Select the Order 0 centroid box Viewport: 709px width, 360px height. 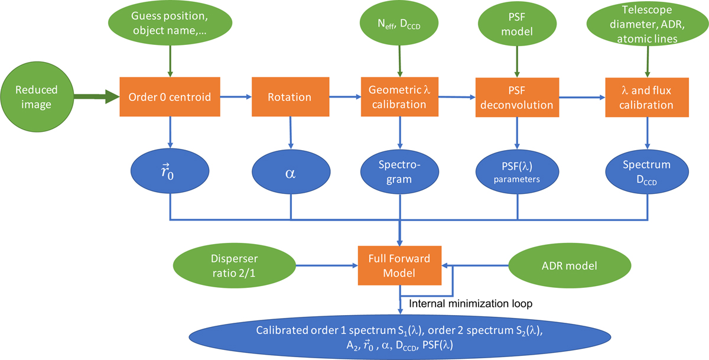(x=170, y=98)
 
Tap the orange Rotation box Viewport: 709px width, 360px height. (x=290, y=98)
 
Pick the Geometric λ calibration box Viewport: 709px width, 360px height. (x=401, y=98)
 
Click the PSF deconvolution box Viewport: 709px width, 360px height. (x=518, y=98)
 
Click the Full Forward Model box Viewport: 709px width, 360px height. (x=401, y=267)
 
